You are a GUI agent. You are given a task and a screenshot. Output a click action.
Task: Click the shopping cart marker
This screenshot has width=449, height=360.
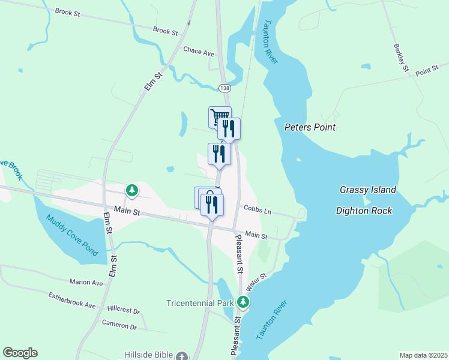pos(219,116)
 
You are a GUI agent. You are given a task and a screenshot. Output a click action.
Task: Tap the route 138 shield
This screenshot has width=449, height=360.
pos(224,88)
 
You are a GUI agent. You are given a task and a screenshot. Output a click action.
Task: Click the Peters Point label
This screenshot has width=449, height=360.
pos(310,127)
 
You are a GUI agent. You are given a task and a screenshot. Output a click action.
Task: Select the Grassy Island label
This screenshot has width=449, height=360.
pos(368,190)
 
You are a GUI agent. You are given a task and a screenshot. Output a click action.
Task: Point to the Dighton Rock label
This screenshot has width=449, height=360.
pos(364,211)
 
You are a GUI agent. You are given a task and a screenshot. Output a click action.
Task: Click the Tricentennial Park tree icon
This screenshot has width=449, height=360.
pos(243,302)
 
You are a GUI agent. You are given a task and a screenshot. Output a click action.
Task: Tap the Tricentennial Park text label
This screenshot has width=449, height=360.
pos(200,303)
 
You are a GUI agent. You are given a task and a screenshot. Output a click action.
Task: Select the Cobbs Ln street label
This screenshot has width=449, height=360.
pos(257,210)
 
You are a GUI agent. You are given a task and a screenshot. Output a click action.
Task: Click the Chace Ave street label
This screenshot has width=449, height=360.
pos(199,53)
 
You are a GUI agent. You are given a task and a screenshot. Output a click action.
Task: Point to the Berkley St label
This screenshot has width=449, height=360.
pos(400,58)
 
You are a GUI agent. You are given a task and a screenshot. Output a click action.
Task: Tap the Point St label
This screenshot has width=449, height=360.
pos(427,71)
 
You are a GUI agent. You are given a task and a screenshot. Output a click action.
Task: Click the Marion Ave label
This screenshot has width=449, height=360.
pos(86,282)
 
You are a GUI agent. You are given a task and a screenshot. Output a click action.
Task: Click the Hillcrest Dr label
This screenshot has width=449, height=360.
pos(123,311)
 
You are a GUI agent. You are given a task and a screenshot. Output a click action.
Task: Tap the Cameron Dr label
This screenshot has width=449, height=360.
pos(119,325)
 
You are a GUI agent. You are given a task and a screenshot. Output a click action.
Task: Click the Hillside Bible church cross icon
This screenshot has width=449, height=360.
pos(182,355)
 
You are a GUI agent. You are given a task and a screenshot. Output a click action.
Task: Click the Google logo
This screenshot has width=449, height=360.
pos(20,353)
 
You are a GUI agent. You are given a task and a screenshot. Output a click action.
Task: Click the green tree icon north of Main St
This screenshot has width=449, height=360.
pos(131,191)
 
